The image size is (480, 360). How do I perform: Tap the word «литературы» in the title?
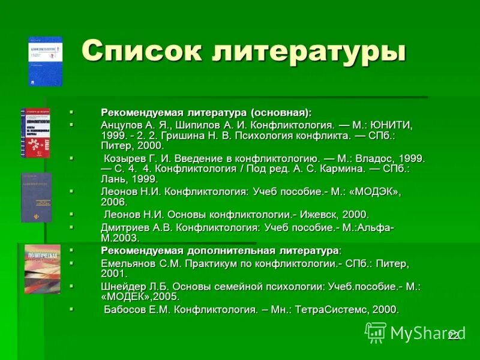308,53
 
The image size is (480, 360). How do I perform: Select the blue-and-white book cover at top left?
45,61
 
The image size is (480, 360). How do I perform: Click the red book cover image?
35,133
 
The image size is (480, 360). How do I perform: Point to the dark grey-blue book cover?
37,197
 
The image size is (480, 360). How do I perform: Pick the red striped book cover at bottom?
42,269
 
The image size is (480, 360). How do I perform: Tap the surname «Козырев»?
127,158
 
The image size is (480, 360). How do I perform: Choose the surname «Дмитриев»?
127,227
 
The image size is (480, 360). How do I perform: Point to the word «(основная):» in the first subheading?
281,112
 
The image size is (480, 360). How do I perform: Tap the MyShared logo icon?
376,332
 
